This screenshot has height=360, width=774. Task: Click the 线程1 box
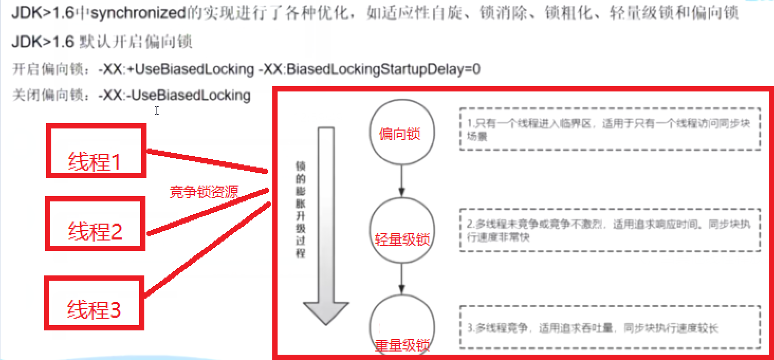click(x=96, y=151)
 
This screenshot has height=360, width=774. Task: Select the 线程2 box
click(x=95, y=223)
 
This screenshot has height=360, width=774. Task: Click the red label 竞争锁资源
click(x=204, y=192)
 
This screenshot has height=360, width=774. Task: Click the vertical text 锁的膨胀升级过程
click(x=300, y=209)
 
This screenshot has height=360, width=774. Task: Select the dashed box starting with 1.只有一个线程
click(x=610, y=129)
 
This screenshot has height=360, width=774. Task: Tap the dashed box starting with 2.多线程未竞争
click(x=610, y=230)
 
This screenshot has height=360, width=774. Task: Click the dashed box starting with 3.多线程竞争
click(x=610, y=328)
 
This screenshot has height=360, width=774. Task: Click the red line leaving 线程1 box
click(x=206, y=162)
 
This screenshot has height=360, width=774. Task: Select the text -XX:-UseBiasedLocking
click(x=174, y=95)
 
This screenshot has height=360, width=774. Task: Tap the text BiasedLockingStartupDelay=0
click(x=383, y=69)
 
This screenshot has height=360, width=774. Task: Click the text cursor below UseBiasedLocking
click(x=157, y=110)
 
